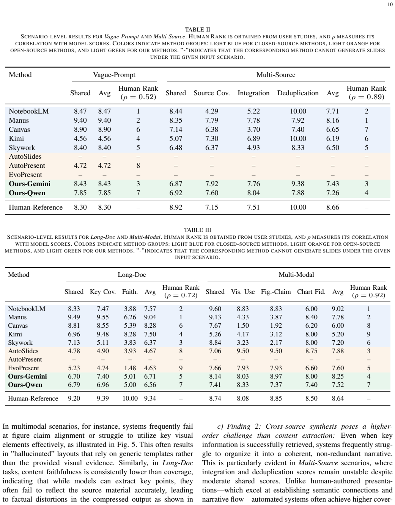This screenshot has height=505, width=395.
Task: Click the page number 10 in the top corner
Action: [x=390, y=5]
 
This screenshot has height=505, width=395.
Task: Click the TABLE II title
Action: [x=197, y=30]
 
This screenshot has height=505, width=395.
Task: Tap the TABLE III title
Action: [x=197, y=230]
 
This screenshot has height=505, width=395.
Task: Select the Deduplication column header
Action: [x=298, y=93]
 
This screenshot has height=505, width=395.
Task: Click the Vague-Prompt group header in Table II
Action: [x=114, y=74]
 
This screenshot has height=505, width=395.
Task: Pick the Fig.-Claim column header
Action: [x=275, y=292]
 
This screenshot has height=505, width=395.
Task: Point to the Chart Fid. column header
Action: [x=311, y=292]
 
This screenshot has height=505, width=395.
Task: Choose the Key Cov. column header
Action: [x=103, y=292]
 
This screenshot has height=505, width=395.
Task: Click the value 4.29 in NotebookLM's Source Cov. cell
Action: [x=212, y=111]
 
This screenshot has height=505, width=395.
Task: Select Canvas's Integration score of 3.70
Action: [x=253, y=129]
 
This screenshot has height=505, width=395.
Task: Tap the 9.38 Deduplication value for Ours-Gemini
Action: [x=298, y=184]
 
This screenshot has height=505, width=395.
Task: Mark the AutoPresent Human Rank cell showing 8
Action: [x=138, y=166]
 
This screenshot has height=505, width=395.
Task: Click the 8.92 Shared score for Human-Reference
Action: [x=176, y=207]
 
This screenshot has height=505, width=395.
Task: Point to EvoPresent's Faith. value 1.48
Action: [x=130, y=368]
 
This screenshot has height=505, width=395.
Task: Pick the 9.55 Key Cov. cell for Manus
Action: [x=103, y=317]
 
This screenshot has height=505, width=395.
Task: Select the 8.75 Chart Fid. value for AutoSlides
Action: [x=311, y=351]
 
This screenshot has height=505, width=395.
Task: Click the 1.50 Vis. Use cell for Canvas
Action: [x=243, y=325]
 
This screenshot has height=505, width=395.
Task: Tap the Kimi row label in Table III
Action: [x=15, y=334]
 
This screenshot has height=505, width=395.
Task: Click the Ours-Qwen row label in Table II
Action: [x=27, y=193]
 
